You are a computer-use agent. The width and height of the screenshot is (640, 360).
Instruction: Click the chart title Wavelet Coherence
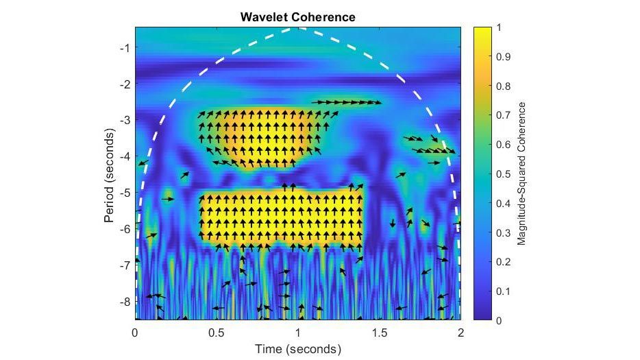click(x=297, y=16)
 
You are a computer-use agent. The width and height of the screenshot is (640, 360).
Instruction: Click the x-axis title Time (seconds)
click(x=297, y=349)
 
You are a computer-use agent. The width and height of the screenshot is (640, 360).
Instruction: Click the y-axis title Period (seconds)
click(x=109, y=174)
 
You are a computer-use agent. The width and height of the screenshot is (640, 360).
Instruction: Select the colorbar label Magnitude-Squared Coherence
click(x=522, y=174)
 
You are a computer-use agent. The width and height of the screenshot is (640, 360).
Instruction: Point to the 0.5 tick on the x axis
click(x=216, y=333)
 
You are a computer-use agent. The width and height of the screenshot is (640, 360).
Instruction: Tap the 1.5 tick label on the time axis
click(x=379, y=333)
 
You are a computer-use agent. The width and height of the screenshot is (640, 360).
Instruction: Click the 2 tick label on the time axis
click(x=460, y=333)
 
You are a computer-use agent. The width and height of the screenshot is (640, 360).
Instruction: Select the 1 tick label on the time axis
click(x=297, y=333)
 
